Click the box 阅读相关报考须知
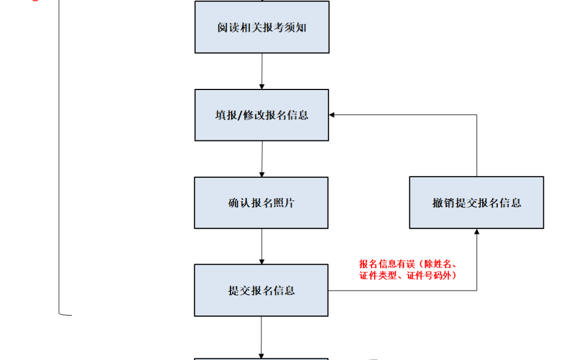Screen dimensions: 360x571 pos(262,27)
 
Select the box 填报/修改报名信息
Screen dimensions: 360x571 pos(262,115)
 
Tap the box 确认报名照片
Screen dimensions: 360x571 pos(261,203)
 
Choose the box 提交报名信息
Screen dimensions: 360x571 pos(261,290)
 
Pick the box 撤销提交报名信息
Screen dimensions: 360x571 pos(476,203)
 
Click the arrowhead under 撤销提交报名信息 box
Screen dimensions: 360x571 pos(477,232)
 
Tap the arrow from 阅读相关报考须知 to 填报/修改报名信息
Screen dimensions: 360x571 pos(262,71)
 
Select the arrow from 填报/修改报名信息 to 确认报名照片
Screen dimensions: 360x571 pos(262,159)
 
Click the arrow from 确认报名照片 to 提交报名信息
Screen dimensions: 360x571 pos(261,246)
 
